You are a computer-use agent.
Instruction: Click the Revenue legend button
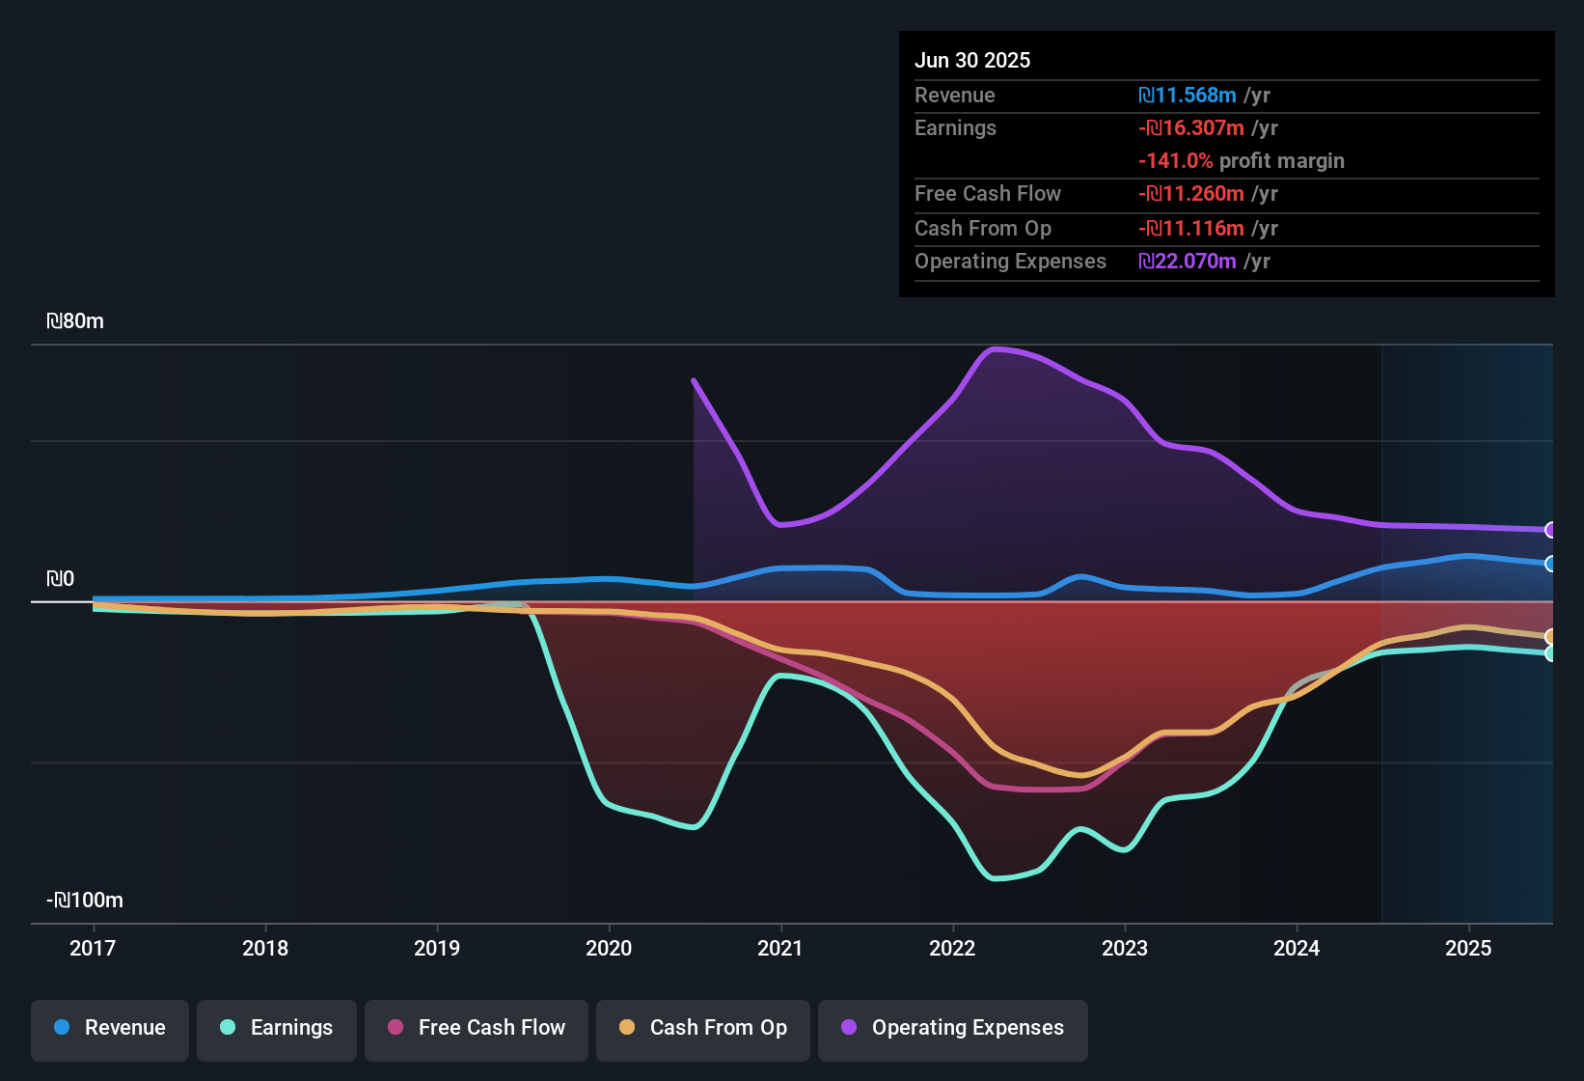(x=110, y=1028)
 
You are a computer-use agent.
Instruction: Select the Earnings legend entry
(x=277, y=1028)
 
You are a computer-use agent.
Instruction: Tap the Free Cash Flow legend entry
(x=477, y=1028)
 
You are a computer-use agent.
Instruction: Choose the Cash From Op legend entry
(x=703, y=1028)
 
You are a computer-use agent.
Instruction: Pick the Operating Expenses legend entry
(x=953, y=1028)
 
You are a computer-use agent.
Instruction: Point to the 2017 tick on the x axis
(x=93, y=948)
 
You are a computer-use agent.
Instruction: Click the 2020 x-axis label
(x=609, y=948)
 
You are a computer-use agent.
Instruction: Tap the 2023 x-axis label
(x=1125, y=948)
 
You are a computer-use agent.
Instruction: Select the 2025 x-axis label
(x=1468, y=948)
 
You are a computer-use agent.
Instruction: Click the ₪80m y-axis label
(x=75, y=321)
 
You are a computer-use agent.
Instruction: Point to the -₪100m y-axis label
(x=85, y=901)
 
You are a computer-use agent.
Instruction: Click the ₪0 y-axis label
(x=60, y=579)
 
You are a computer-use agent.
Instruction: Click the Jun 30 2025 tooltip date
(x=972, y=61)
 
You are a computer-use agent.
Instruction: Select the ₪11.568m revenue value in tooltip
(x=1188, y=96)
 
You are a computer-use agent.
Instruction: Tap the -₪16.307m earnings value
(x=1191, y=128)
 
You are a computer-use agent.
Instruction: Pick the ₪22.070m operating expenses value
(x=1188, y=262)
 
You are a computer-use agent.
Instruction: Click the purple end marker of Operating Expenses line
(x=1550, y=530)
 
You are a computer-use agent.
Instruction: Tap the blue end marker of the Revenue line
(x=1550, y=564)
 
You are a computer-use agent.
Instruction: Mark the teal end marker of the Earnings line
(x=1550, y=653)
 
